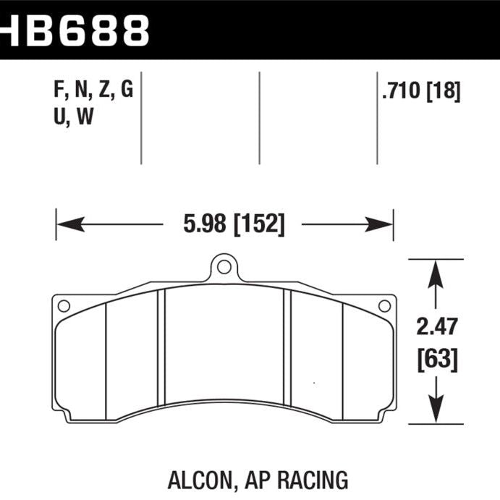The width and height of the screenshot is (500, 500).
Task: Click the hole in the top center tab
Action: tap(224, 267)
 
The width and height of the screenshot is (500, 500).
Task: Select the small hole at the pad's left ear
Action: tap(64, 306)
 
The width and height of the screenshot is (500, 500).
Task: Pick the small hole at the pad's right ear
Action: tap(385, 306)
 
